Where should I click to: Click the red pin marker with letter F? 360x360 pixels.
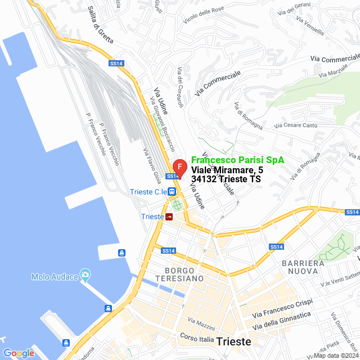179,168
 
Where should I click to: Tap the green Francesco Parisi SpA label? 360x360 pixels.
237,160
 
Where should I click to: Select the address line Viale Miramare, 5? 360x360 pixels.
227,170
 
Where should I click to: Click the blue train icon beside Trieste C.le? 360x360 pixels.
171,192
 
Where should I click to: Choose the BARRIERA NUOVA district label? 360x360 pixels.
303,267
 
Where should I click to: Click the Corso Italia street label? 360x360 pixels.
197,339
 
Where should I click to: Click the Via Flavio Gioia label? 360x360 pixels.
152,165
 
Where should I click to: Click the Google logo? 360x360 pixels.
19,353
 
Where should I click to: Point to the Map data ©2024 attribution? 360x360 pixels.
336,355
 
